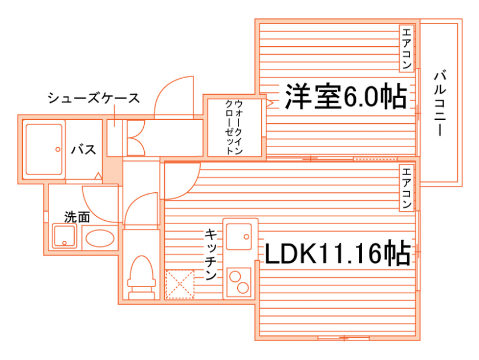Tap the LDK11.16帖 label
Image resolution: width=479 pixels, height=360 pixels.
point(337,253)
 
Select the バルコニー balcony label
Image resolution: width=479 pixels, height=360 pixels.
point(440,103)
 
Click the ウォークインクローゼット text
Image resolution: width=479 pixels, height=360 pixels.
point(234,128)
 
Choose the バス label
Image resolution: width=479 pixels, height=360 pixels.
point(83,151)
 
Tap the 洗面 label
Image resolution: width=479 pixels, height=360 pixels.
point(76,217)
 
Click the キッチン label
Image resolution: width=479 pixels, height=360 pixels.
point(211,254)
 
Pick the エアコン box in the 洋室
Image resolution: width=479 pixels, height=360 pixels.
point(406,49)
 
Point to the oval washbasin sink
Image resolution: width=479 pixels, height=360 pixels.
point(99,237)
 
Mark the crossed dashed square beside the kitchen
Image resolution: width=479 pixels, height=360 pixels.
point(180,284)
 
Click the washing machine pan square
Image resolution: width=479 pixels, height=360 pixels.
point(64,236)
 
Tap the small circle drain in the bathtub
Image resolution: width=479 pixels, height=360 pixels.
point(58,149)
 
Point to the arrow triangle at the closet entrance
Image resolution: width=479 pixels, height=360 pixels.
point(270,103)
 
